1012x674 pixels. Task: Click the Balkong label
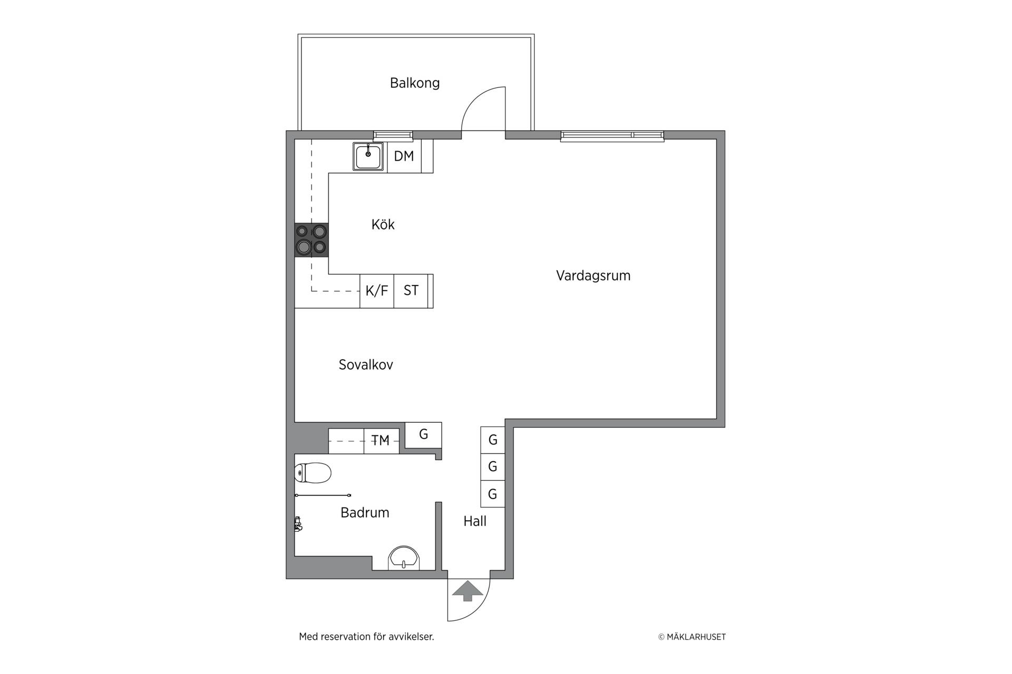[x=415, y=83]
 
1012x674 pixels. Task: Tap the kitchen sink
[x=368, y=156]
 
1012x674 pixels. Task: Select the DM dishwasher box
[x=404, y=156]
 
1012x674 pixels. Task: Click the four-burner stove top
[x=312, y=240]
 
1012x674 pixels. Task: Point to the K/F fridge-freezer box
[x=377, y=291]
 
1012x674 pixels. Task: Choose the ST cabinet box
[x=411, y=291]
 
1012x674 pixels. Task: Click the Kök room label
[x=383, y=225]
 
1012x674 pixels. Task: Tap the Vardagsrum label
[x=593, y=276]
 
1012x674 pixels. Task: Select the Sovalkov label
[x=366, y=365]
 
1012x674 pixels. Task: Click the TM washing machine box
[x=381, y=441]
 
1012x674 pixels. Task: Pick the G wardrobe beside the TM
[x=423, y=435]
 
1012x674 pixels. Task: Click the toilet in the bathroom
[x=313, y=473]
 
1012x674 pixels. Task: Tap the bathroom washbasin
[x=404, y=558]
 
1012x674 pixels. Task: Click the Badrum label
[x=365, y=513]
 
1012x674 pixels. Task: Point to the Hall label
[x=475, y=521]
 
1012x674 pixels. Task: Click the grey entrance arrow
[x=468, y=591]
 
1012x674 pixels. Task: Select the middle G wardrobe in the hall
[x=493, y=467]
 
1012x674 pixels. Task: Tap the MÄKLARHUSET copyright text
[x=692, y=637]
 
